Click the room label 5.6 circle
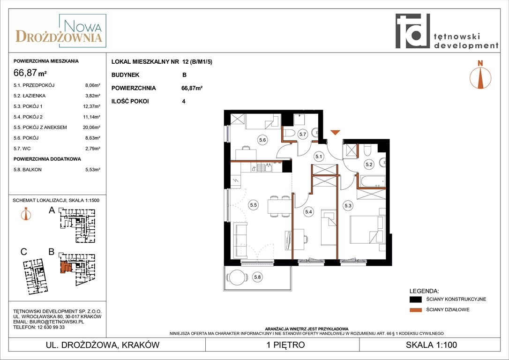pos(262,140)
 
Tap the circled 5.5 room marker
pos(253,205)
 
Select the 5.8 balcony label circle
pos(257,277)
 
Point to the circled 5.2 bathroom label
pos(369,164)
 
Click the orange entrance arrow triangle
pos(335,132)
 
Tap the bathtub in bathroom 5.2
pos(372,181)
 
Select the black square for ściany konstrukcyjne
pos(416,299)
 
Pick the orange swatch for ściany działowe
pos(416,310)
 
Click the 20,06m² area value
pos(91,127)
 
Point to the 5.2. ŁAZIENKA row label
pos(30,96)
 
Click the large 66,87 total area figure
pos(25,72)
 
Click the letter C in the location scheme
pos(24,252)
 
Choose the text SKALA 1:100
pos(431,345)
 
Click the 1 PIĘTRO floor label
pos(285,345)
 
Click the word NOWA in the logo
pos(83,26)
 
